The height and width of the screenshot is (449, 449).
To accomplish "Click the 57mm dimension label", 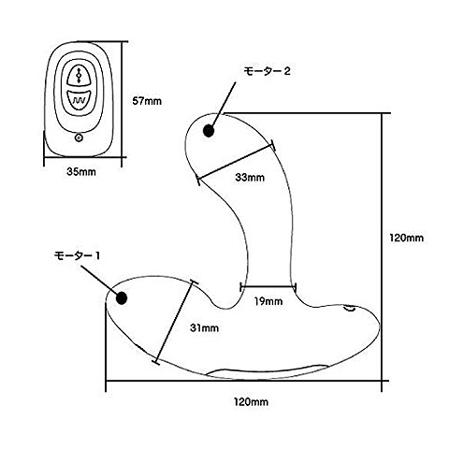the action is pyautogui.click(x=147, y=101).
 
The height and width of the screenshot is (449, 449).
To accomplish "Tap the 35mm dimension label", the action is pyautogui.click(x=81, y=171).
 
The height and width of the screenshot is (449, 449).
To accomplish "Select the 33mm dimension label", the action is pyautogui.click(x=250, y=178).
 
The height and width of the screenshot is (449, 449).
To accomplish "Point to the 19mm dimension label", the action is pyautogui.click(x=268, y=301).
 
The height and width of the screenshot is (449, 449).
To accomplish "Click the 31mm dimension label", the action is pyautogui.click(x=204, y=328).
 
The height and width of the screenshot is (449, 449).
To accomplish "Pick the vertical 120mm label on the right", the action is pyautogui.click(x=407, y=238).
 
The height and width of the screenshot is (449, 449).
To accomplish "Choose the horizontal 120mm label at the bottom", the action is pyautogui.click(x=251, y=402).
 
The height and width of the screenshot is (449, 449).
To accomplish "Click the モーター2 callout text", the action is pyautogui.click(x=267, y=71).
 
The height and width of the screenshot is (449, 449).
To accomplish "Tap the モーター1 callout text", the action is pyautogui.click(x=78, y=255).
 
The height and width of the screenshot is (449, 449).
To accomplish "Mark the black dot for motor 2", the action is pyautogui.click(x=209, y=131).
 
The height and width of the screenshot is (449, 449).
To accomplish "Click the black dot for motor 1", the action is pyautogui.click(x=122, y=298).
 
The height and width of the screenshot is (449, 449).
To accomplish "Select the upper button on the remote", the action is pyautogui.click(x=78, y=75).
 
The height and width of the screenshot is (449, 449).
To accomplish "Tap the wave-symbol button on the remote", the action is pyautogui.click(x=79, y=101).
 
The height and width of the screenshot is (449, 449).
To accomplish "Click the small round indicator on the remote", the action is pyautogui.click(x=79, y=138).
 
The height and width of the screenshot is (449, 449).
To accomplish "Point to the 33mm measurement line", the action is pyautogui.click(x=236, y=162).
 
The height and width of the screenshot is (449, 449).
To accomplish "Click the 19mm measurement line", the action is pyautogui.click(x=268, y=286).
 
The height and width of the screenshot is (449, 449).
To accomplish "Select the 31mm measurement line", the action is pyautogui.click(x=175, y=322).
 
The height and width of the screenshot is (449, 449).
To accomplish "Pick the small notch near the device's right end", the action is pyautogui.click(x=350, y=309).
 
